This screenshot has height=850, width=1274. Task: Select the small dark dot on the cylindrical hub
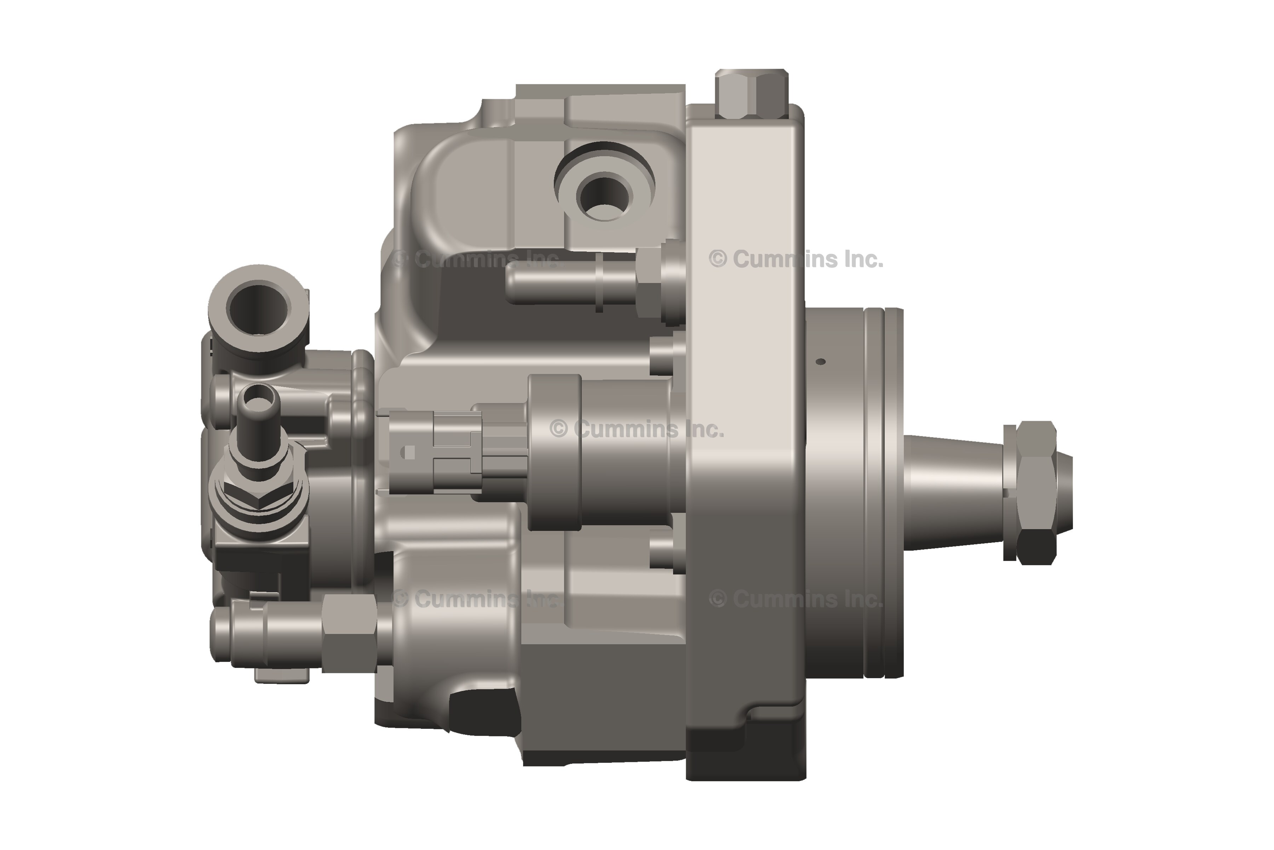click(x=821, y=362)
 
